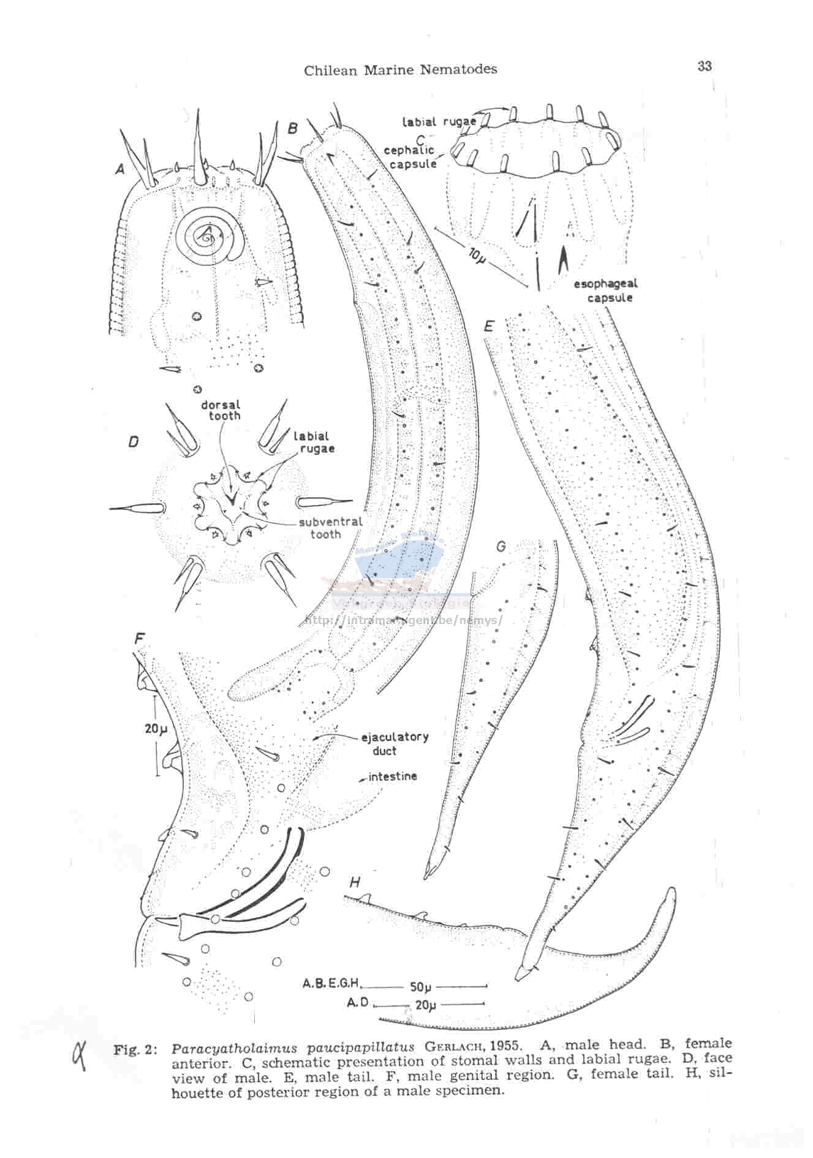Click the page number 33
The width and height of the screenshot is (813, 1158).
[x=704, y=66]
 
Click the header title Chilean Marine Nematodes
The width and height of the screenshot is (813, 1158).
[x=401, y=70]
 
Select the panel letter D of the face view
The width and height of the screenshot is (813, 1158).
[x=134, y=441]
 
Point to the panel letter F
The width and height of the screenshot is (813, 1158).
[x=140, y=638]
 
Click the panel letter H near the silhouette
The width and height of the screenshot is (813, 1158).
[x=355, y=882]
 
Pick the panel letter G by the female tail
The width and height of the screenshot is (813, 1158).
[x=501, y=545]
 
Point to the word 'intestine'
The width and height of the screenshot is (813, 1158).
[x=392, y=776]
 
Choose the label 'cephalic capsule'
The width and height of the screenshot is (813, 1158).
[x=409, y=157]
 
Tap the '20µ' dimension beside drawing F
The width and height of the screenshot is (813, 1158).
[x=156, y=728]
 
